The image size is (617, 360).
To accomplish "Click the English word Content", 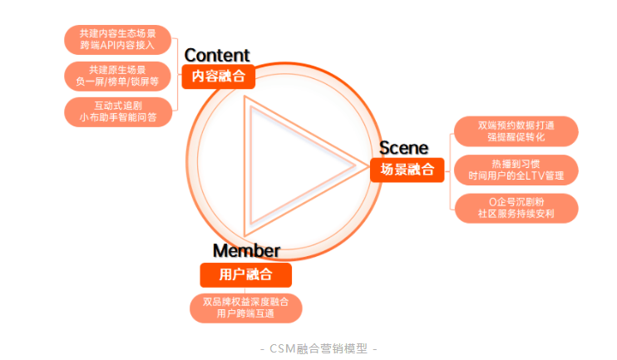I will click(x=216, y=56).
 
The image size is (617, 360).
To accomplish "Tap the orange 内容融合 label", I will click(x=218, y=76).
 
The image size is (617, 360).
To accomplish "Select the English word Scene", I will click(x=403, y=149).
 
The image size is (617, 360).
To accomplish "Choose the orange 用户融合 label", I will click(x=246, y=274).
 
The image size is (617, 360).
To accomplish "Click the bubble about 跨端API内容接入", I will click(x=117, y=40).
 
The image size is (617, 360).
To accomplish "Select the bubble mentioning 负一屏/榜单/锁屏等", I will click(x=117, y=76).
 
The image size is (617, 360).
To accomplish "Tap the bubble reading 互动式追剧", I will click(x=117, y=111).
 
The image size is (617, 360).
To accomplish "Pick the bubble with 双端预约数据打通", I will click(x=516, y=131).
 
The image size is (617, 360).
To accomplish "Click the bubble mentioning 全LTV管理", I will click(x=516, y=170).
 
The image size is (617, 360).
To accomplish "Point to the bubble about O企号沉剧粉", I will click(x=516, y=208).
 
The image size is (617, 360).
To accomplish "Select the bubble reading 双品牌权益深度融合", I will click(x=246, y=308).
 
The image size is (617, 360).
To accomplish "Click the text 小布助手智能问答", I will click(x=117, y=118).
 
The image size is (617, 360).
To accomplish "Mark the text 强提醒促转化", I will click(x=516, y=137).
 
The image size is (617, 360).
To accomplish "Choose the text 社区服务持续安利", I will click(x=516, y=215).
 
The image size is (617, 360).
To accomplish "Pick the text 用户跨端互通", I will click(x=246, y=314).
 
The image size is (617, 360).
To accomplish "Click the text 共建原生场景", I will click(x=117, y=69).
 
